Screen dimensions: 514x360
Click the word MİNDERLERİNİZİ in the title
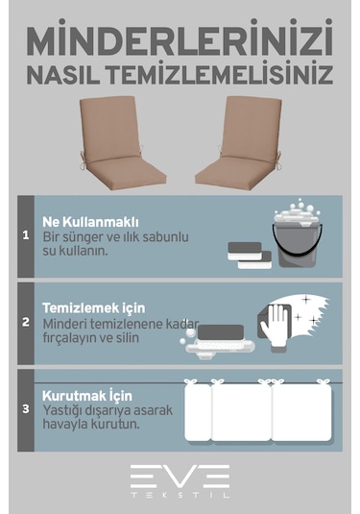point(180,40)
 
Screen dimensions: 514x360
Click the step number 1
point(26,233)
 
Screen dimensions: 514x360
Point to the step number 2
point(26,321)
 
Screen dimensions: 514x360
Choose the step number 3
point(26,408)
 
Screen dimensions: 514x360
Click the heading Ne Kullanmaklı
point(84,220)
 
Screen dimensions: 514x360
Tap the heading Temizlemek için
point(93,307)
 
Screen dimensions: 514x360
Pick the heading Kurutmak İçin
point(86,395)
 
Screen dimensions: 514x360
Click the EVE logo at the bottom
point(180,475)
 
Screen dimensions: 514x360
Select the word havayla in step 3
point(66,424)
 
